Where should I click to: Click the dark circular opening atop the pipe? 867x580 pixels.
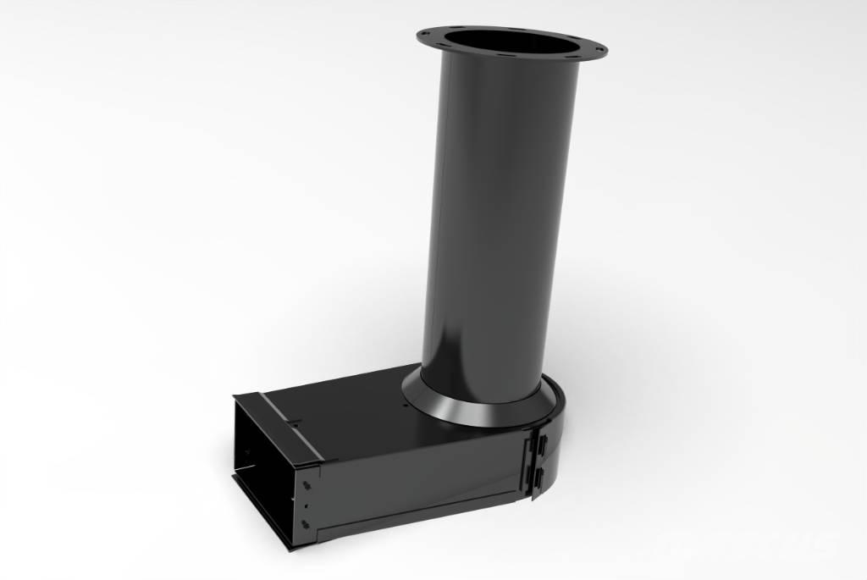(511, 41)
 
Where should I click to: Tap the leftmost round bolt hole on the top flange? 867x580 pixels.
(430, 36)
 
